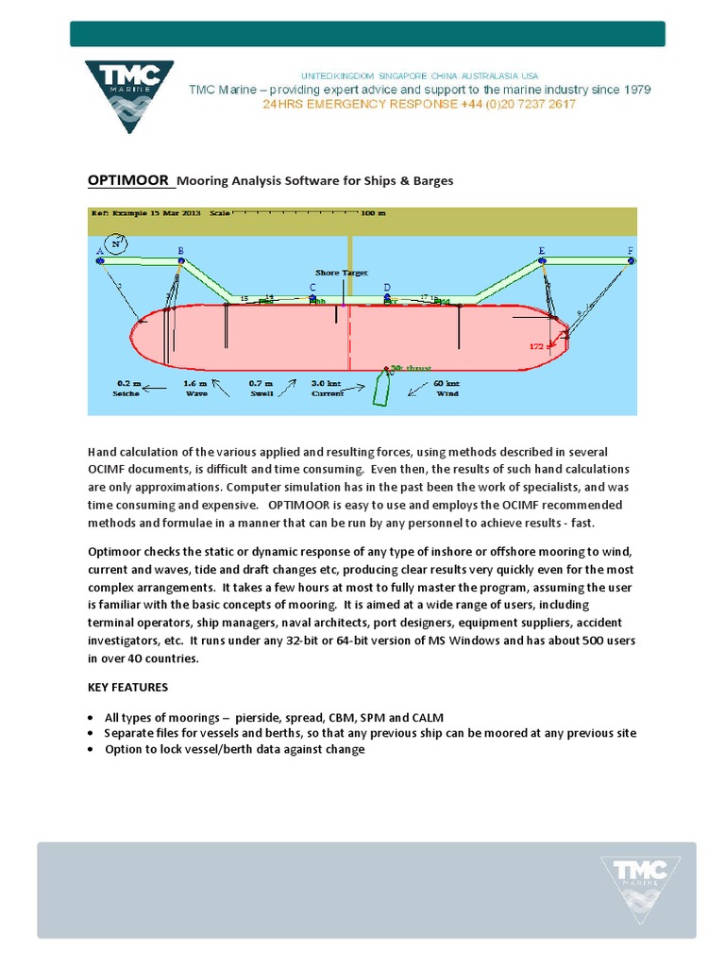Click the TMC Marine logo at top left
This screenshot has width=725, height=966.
128,97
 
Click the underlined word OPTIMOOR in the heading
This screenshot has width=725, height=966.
128,180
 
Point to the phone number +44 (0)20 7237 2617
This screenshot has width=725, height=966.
518,105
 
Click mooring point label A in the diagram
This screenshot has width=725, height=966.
99,251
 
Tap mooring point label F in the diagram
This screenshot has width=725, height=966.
630,251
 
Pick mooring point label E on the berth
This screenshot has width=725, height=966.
542,251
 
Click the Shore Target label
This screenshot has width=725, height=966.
342,273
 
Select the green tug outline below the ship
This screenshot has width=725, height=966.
381,388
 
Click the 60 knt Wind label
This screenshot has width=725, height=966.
446,389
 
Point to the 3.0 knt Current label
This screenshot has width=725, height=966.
328,389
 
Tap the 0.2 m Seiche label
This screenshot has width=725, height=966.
127,389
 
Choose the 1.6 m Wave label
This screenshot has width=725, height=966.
195,389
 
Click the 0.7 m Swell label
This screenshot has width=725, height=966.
261,389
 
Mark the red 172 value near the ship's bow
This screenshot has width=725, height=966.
537,346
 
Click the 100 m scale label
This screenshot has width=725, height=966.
374,213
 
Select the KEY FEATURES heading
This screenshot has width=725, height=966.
128,687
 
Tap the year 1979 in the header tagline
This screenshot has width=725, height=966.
632,90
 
